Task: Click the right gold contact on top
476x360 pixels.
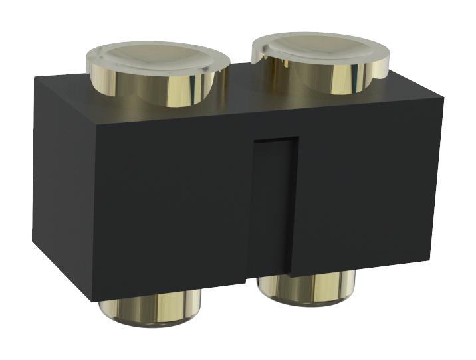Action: (321, 63)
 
